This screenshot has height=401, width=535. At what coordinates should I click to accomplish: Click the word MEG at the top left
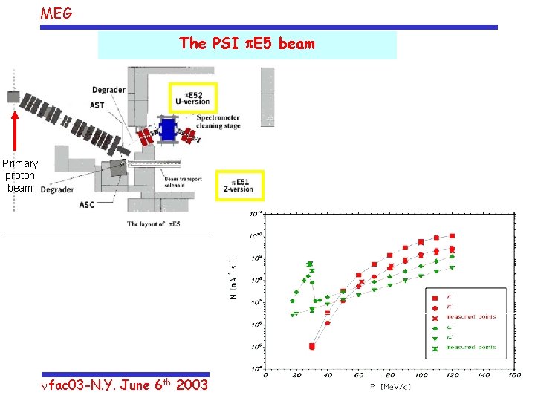click(x=56, y=13)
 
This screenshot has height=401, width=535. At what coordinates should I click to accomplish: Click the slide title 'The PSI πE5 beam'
click(x=247, y=44)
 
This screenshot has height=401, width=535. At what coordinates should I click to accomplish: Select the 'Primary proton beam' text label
click(x=20, y=175)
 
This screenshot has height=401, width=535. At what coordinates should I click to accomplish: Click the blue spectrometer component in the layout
click(x=168, y=129)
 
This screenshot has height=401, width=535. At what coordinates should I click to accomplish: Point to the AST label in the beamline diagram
click(x=97, y=105)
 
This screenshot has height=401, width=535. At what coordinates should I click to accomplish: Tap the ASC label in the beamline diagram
click(x=87, y=205)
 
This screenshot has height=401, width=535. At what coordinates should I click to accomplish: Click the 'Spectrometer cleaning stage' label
click(x=218, y=122)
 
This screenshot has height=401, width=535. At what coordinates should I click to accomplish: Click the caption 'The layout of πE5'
click(x=154, y=224)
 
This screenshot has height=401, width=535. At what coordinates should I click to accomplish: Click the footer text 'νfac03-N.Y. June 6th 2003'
click(x=125, y=385)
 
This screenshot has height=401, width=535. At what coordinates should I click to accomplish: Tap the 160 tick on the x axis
click(x=513, y=375)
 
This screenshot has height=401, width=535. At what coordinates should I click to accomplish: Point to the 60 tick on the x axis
click(x=359, y=375)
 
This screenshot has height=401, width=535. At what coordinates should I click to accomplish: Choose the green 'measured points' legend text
click(x=471, y=348)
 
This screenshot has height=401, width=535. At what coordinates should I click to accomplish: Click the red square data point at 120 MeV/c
click(x=453, y=236)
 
